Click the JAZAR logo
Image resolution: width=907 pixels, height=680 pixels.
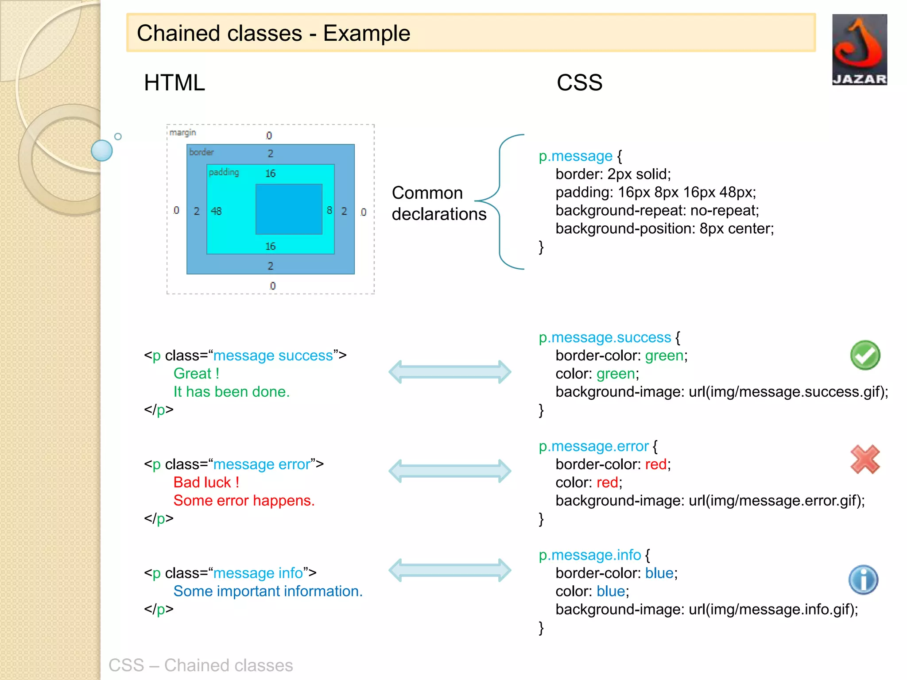(x=859, y=50)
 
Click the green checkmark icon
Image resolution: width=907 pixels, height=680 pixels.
(x=865, y=355)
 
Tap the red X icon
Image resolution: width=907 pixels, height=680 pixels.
(x=865, y=460)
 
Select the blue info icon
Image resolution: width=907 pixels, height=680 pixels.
(x=863, y=580)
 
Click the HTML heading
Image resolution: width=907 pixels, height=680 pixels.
(x=174, y=83)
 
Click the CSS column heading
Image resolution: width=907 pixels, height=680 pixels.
(x=579, y=83)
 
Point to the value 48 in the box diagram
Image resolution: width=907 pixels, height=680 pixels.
(x=216, y=211)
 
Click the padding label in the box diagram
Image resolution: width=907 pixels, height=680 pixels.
(x=224, y=172)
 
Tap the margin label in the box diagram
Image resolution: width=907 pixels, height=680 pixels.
(x=182, y=133)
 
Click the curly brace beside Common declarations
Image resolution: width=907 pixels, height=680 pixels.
(x=500, y=201)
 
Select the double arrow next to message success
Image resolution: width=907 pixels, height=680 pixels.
(x=450, y=372)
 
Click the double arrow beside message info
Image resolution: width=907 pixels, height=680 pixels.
(x=450, y=570)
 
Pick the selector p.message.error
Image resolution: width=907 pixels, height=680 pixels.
(x=593, y=446)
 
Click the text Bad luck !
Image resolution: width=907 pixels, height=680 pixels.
(x=206, y=482)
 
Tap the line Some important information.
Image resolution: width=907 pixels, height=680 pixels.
(x=268, y=591)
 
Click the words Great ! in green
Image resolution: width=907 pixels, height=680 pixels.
(x=196, y=373)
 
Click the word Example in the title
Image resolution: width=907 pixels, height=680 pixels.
(x=366, y=33)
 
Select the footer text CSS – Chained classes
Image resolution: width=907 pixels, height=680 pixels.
(x=201, y=665)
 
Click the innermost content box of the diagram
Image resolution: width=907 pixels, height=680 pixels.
(x=289, y=209)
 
